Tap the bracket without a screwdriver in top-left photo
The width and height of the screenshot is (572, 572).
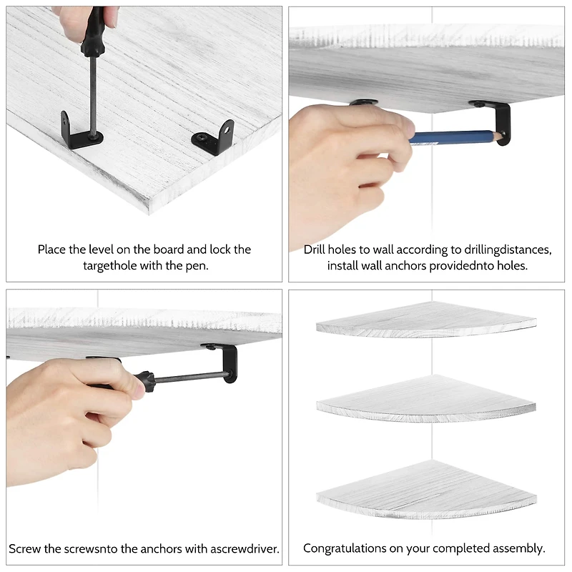click(x=214, y=137)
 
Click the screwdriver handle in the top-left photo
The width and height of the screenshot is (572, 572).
click(x=93, y=32)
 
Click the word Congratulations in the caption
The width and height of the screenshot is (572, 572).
click(x=345, y=548)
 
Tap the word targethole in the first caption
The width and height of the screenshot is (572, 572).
click(x=112, y=265)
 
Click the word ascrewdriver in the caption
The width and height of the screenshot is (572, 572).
click(x=245, y=548)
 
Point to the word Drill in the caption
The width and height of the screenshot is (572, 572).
click(x=317, y=250)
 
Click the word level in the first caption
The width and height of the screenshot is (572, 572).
click(x=107, y=250)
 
